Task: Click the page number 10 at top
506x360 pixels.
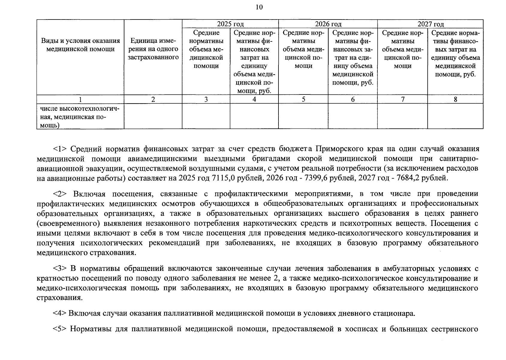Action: click(x=259, y=7)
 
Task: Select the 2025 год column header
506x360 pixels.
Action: click(x=230, y=24)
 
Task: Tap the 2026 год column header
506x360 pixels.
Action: click(x=328, y=24)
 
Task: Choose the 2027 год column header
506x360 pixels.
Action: click(x=430, y=24)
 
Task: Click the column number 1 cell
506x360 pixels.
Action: click(x=80, y=99)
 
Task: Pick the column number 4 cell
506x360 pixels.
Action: click(x=254, y=99)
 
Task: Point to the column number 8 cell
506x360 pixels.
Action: click(x=455, y=99)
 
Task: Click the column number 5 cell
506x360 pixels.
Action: click(x=303, y=99)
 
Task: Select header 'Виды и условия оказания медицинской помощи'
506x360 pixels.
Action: click(x=80, y=45)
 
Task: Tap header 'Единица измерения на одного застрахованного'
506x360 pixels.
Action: click(x=153, y=49)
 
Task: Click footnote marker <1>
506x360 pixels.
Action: click(x=61, y=149)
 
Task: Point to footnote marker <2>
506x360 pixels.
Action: click(x=61, y=194)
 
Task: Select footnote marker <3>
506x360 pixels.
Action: click(x=61, y=268)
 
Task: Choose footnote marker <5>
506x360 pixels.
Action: click(x=61, y=329)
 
